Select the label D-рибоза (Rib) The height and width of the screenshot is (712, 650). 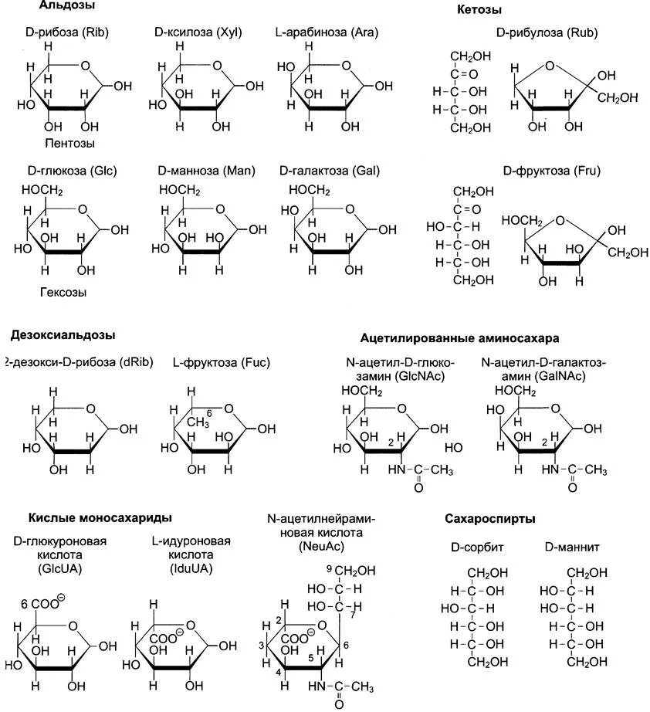(x=66, y=33)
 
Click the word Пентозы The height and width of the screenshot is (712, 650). (x=69, y=144)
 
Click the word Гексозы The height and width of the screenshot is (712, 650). (x=63, y=293)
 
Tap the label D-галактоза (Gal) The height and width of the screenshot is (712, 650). (x=328, y=171)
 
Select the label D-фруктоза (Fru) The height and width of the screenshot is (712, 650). (x=551, y=171)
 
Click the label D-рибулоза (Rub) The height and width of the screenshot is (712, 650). (x=547, y=33)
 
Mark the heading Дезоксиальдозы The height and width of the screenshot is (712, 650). (x=63, y=335)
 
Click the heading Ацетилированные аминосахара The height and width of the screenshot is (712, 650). (x=459, y=338)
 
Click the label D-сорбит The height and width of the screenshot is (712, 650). (x=477, y=548)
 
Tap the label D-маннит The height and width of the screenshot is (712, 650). (x=572, y=548)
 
